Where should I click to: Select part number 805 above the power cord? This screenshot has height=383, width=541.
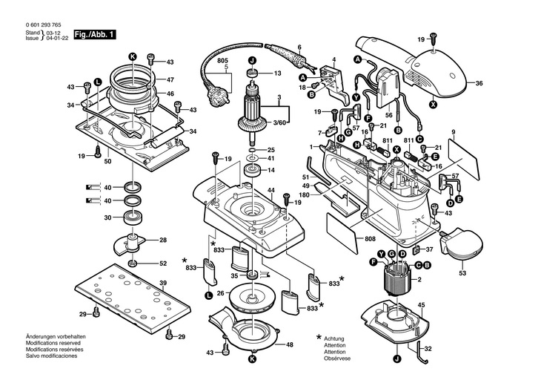[222, 60]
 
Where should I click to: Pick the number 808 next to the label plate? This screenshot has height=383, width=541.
[370, 239]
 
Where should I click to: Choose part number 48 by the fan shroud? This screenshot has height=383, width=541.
[290, 344]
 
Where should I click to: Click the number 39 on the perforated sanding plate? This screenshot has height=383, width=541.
[162, 283]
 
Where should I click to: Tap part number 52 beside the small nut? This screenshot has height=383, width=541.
[163, 263]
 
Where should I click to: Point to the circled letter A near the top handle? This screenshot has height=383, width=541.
[357, 59]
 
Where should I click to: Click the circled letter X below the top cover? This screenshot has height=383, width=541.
[433, 105]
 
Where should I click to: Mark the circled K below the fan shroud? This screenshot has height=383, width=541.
[253, 359]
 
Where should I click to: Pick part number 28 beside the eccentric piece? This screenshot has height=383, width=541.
[163, 240]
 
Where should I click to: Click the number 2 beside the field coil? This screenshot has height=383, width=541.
[419, 279]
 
